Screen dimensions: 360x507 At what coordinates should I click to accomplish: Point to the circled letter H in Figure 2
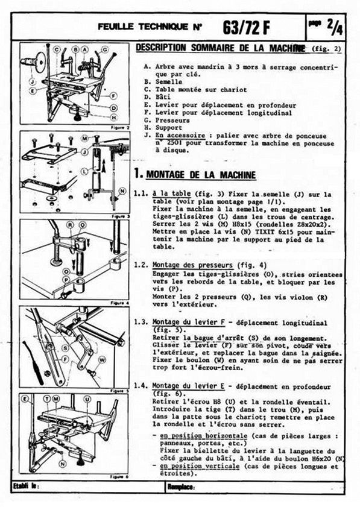click(113, 117)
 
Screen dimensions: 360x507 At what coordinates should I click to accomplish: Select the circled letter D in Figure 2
click(113, 108)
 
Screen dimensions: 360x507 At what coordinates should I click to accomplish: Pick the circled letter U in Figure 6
click(88, 399)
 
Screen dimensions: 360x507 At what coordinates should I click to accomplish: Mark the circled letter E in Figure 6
click(25, 398)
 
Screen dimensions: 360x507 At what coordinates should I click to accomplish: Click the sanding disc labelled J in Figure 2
click(40, 62)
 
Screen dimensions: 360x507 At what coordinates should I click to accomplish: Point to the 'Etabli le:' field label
click(28, 485)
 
